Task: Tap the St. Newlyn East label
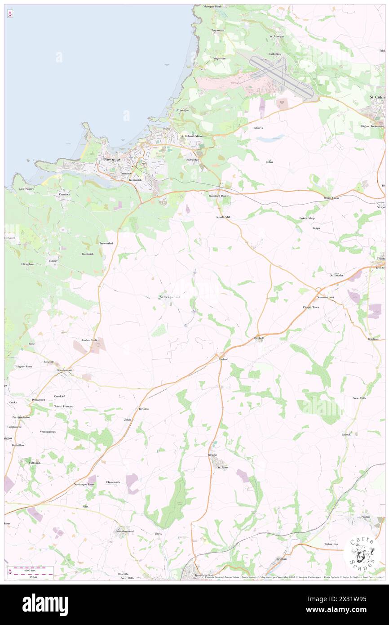pos(170,297)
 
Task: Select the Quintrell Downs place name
pos(220,196)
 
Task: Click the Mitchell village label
pos(259,338)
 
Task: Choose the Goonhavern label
pos(64,370)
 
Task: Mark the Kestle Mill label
pos(223,217)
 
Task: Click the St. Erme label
pos(223,467)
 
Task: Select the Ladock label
pos(346,434)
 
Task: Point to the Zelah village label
pos(128,420)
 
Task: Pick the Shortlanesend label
pos(125,531)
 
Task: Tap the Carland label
pos(223,359)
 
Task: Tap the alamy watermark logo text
pos(45,604)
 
